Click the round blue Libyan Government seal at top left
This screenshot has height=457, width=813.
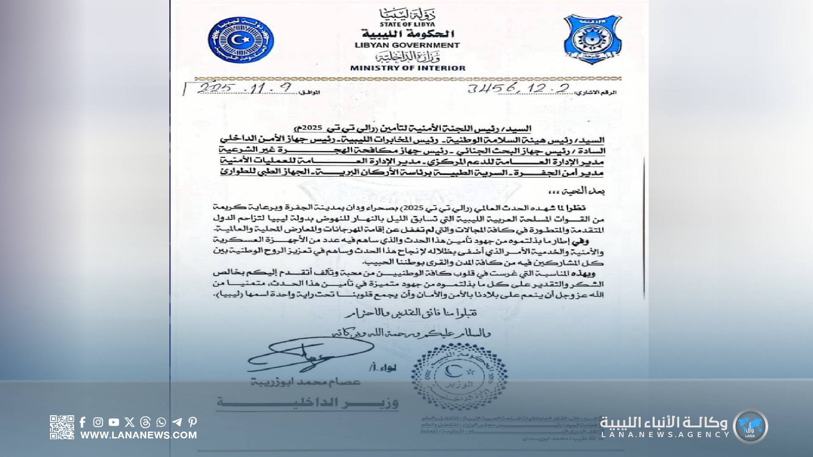click(241, 40)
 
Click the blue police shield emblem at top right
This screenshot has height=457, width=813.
click(592, 39)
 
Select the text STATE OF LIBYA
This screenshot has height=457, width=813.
click(407, 25)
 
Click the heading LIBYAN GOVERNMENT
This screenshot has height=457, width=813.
click(407, 45)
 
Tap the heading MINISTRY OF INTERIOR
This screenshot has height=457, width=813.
click(407, 68)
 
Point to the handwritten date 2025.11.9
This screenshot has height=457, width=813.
click(244, 88)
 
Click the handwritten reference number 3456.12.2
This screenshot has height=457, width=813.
click(518, 88)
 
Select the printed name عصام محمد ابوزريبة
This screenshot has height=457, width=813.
click(306, 382)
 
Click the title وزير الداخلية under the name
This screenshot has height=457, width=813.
click(307, 402)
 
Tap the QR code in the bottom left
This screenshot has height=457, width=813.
click(62, 427)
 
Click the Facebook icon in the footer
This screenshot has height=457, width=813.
click(83, 422)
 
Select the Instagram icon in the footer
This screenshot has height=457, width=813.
click(98, 422)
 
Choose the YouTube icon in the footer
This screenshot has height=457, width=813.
click(113, 422)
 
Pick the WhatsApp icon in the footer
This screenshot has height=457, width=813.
click(161, 422)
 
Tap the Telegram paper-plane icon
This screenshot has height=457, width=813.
click(177, 422)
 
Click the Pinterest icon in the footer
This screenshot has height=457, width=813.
click(193, 422)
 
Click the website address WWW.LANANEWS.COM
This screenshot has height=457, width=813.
click(138, 435)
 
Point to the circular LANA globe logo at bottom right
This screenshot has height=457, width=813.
click(750, 427)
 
